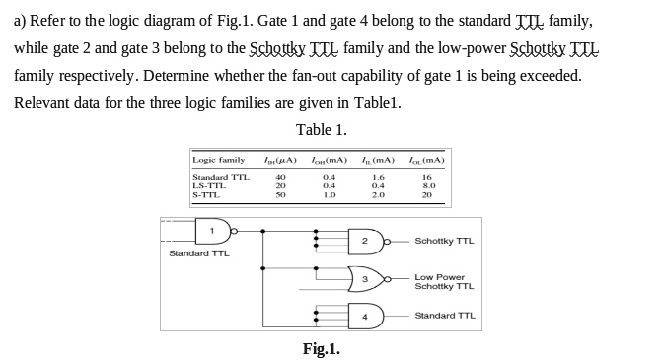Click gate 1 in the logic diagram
212,232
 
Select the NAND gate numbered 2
363,241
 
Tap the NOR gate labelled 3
364,279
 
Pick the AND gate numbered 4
363,317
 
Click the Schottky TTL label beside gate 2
444,241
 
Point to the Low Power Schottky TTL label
444,282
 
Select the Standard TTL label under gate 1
200,253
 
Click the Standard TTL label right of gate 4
445,316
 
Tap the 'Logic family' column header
218,159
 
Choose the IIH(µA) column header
279,159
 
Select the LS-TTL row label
209,185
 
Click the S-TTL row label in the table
206,194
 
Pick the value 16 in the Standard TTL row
426,177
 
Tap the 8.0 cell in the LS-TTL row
426,185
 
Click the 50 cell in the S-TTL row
280,194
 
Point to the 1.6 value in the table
378,177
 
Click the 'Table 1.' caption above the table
322,130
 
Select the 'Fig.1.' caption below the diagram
322,348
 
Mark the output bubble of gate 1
235,232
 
